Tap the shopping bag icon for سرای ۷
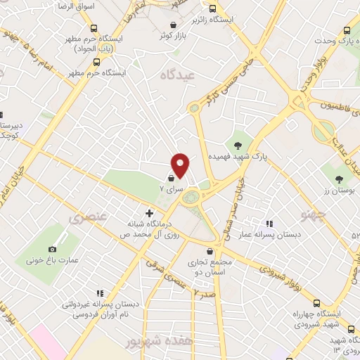pos(173,178)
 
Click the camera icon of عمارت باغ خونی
pos(52,249)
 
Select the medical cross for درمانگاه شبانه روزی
pos(149,212)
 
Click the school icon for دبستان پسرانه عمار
pos(269,224)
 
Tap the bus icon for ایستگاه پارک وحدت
pos(347,30)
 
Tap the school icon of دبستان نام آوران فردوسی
pos(99,293)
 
